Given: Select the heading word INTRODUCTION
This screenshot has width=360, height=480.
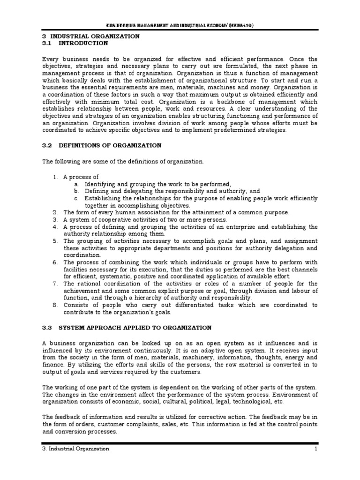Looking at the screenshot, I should (x=83, y=43).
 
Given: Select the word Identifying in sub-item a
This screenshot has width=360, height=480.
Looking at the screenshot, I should (x=100, y=184).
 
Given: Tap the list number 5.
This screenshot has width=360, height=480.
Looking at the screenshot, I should (x=55, y=241).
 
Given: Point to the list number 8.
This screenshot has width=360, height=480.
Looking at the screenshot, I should (x=55, y=305).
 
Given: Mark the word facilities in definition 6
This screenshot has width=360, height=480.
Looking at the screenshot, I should (x=77, y=270).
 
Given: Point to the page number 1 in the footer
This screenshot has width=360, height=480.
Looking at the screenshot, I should (x=316, y=449).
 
